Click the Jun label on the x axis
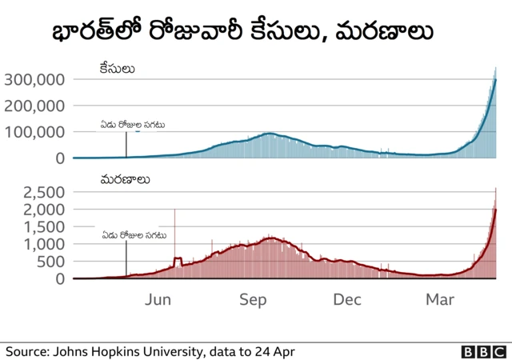point(160,300)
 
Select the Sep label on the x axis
point(253,300)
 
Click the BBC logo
point(483,351)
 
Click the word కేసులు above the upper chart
point(117,69)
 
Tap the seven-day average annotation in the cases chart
point(132,125)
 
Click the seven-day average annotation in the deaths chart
point(134,235)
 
